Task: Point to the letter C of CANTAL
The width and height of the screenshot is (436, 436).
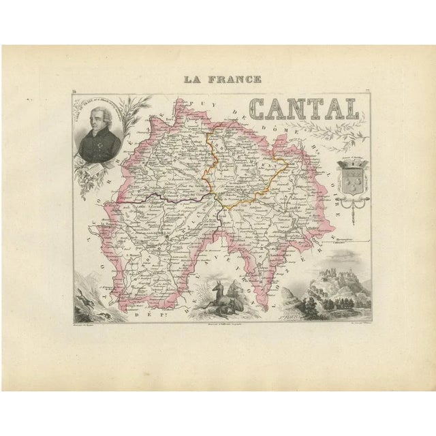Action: pyautogui.click(x=262, y=109)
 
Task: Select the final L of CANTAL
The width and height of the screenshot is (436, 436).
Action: pyautogui.click(x=350, y=109)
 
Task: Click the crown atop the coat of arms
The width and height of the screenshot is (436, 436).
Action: pyautogui.click(x=351, y=163)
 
